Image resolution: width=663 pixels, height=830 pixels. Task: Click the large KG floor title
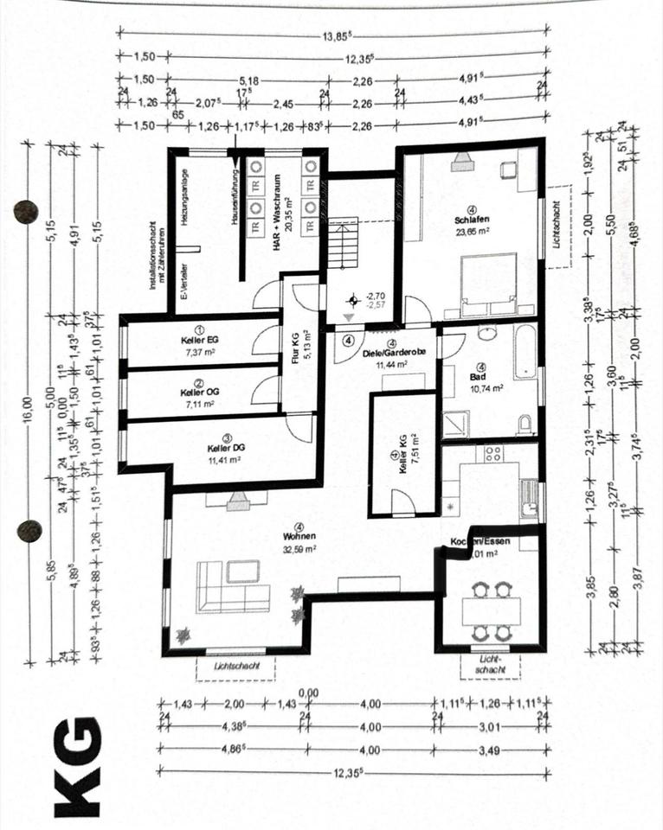(78, 766)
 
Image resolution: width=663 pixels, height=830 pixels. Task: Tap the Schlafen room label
(472, 220)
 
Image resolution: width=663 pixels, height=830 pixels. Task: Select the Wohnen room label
(299, 535)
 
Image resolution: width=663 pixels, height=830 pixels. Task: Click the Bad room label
(476, 377)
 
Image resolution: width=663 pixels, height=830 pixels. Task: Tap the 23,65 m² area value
(473, 231)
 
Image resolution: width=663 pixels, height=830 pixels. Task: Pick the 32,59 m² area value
(299, 547)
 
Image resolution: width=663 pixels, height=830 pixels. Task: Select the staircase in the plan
(344, 244)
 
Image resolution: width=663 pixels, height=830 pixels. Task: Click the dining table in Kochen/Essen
(492, 612)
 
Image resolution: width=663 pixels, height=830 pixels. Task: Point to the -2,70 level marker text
(376, 295)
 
